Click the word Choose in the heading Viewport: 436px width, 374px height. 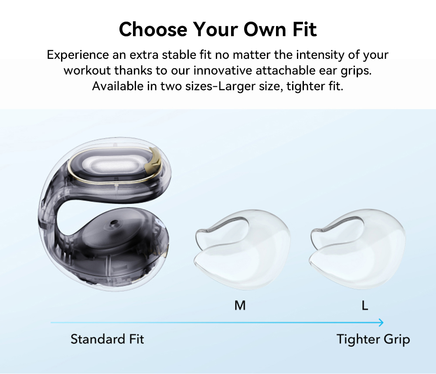tap(152, 29)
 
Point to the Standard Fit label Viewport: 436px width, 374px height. tap(107, 339)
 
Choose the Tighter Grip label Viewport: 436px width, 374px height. tap(373, 339)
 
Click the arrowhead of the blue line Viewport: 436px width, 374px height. tap(381, 323)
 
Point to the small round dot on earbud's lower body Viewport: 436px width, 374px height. tap(114, 223)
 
